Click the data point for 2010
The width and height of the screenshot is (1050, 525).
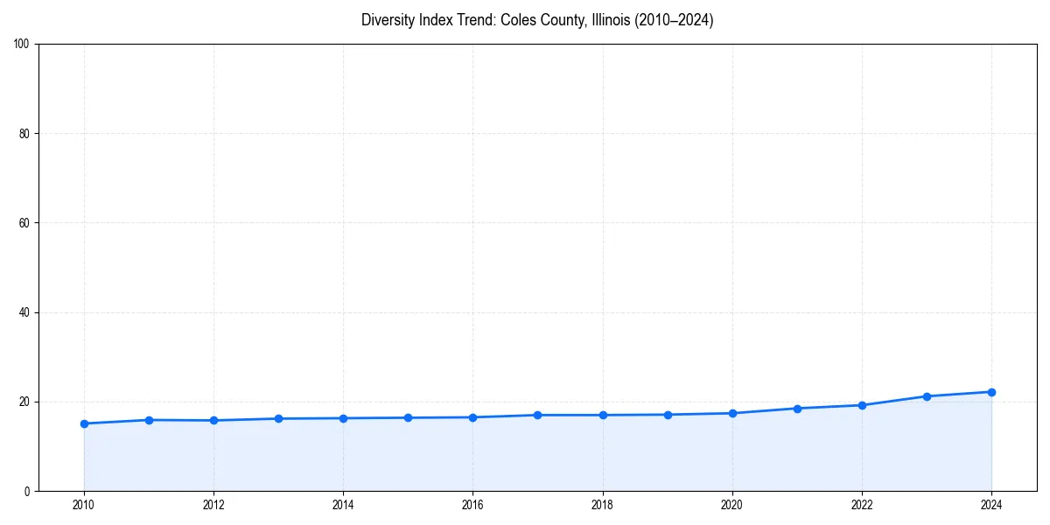click(84, 423)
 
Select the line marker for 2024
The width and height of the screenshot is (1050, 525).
click(991, 392)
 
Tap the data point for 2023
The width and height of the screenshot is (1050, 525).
click(927, 396)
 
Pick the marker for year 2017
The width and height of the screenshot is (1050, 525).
click(537, 415)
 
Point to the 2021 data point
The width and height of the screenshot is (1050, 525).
click(797, 409)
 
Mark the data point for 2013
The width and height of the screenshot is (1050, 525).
click(278, 418)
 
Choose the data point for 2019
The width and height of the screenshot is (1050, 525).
click(668, 415)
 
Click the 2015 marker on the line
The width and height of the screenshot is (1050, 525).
click(408, 417)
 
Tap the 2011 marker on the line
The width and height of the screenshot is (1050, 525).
click(149, 420)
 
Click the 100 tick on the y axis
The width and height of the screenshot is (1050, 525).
click(23, 45)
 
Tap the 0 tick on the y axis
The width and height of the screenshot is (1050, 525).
click(28, 491)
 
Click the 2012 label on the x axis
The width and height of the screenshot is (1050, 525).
click(213, 504)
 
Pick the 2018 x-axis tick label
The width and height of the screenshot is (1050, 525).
click(602, 504)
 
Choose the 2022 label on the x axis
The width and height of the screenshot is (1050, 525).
click(862, 504)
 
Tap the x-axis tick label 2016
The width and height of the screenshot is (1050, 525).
click(472, 504)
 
